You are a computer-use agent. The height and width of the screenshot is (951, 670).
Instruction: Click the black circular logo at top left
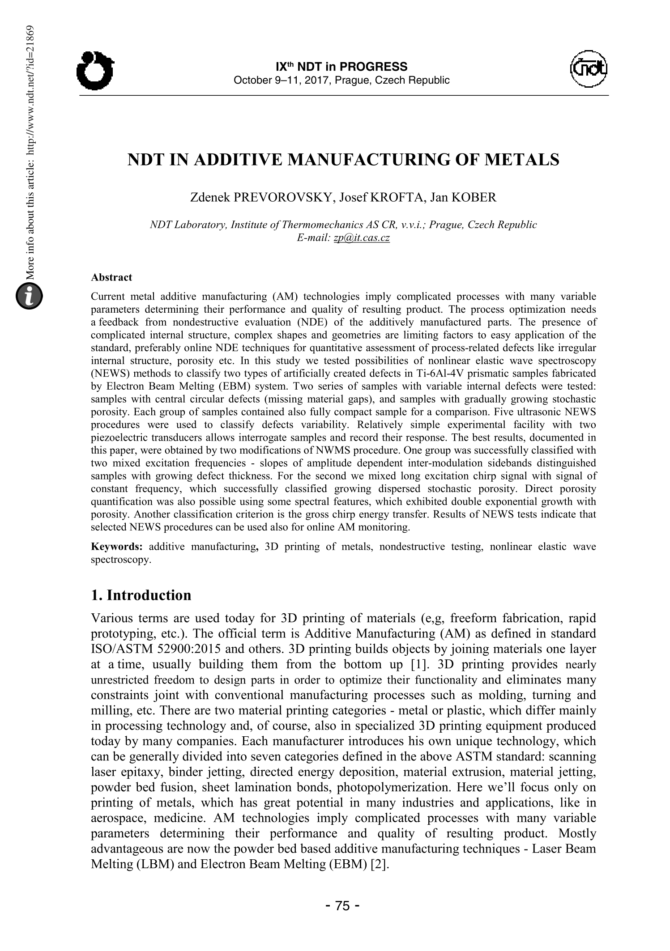coord(94,71)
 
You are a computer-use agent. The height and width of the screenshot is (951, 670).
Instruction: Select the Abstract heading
coord(111,277)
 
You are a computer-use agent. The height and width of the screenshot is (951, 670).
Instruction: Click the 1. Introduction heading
coord(141,595)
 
